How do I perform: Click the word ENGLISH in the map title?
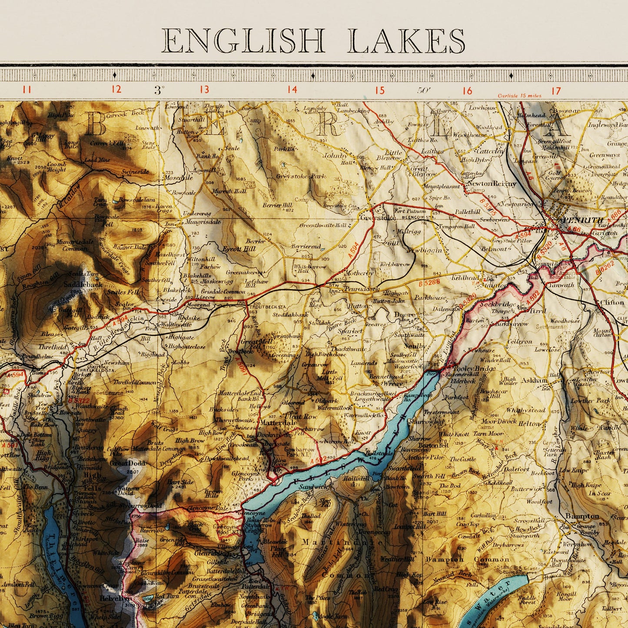point(243,41)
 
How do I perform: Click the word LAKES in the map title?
point(406,41)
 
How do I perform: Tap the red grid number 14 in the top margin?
point(292,90)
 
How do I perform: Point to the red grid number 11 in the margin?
point(27,90)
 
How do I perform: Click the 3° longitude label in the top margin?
point(159,90)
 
